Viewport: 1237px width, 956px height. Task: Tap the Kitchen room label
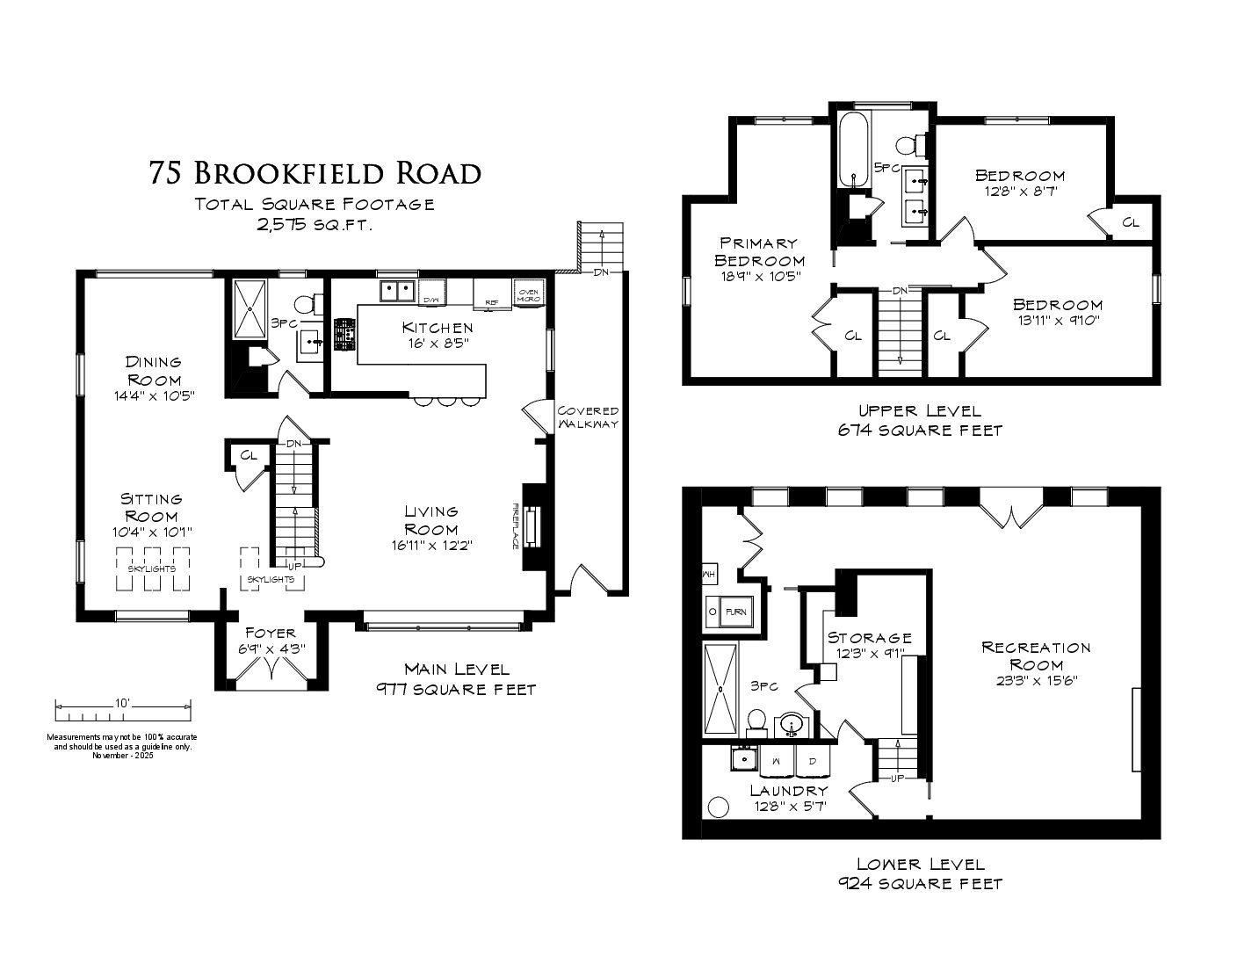pyautogui.click(x=438, y=328)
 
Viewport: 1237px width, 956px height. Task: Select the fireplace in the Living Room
pyautogui.click(x=532, y=526)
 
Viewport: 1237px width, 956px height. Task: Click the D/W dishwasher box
pyautogui.click(x=432, y=292)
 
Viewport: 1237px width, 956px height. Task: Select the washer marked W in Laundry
pyautogui.click(x=777, y=761)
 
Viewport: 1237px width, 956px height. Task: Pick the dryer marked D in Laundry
pyautogui.click(x=813, y=761)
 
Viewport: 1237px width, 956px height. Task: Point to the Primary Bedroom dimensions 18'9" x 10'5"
pyautogui.click(x=759, y=277)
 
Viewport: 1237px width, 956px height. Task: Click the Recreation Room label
pyautogui.click(x=1036, y=656)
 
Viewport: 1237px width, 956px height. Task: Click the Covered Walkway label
pyautogui.click(x=588, y=416)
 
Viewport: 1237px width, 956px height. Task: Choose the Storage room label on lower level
pyautogui.click(x=870, y=638)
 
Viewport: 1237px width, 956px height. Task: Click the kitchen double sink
pyautogui.click(x=397, y=291)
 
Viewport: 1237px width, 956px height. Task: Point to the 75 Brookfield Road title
pyautogui.click(x=315, y=173)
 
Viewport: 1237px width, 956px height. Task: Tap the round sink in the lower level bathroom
pyautogui.click(x=792, y=726)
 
